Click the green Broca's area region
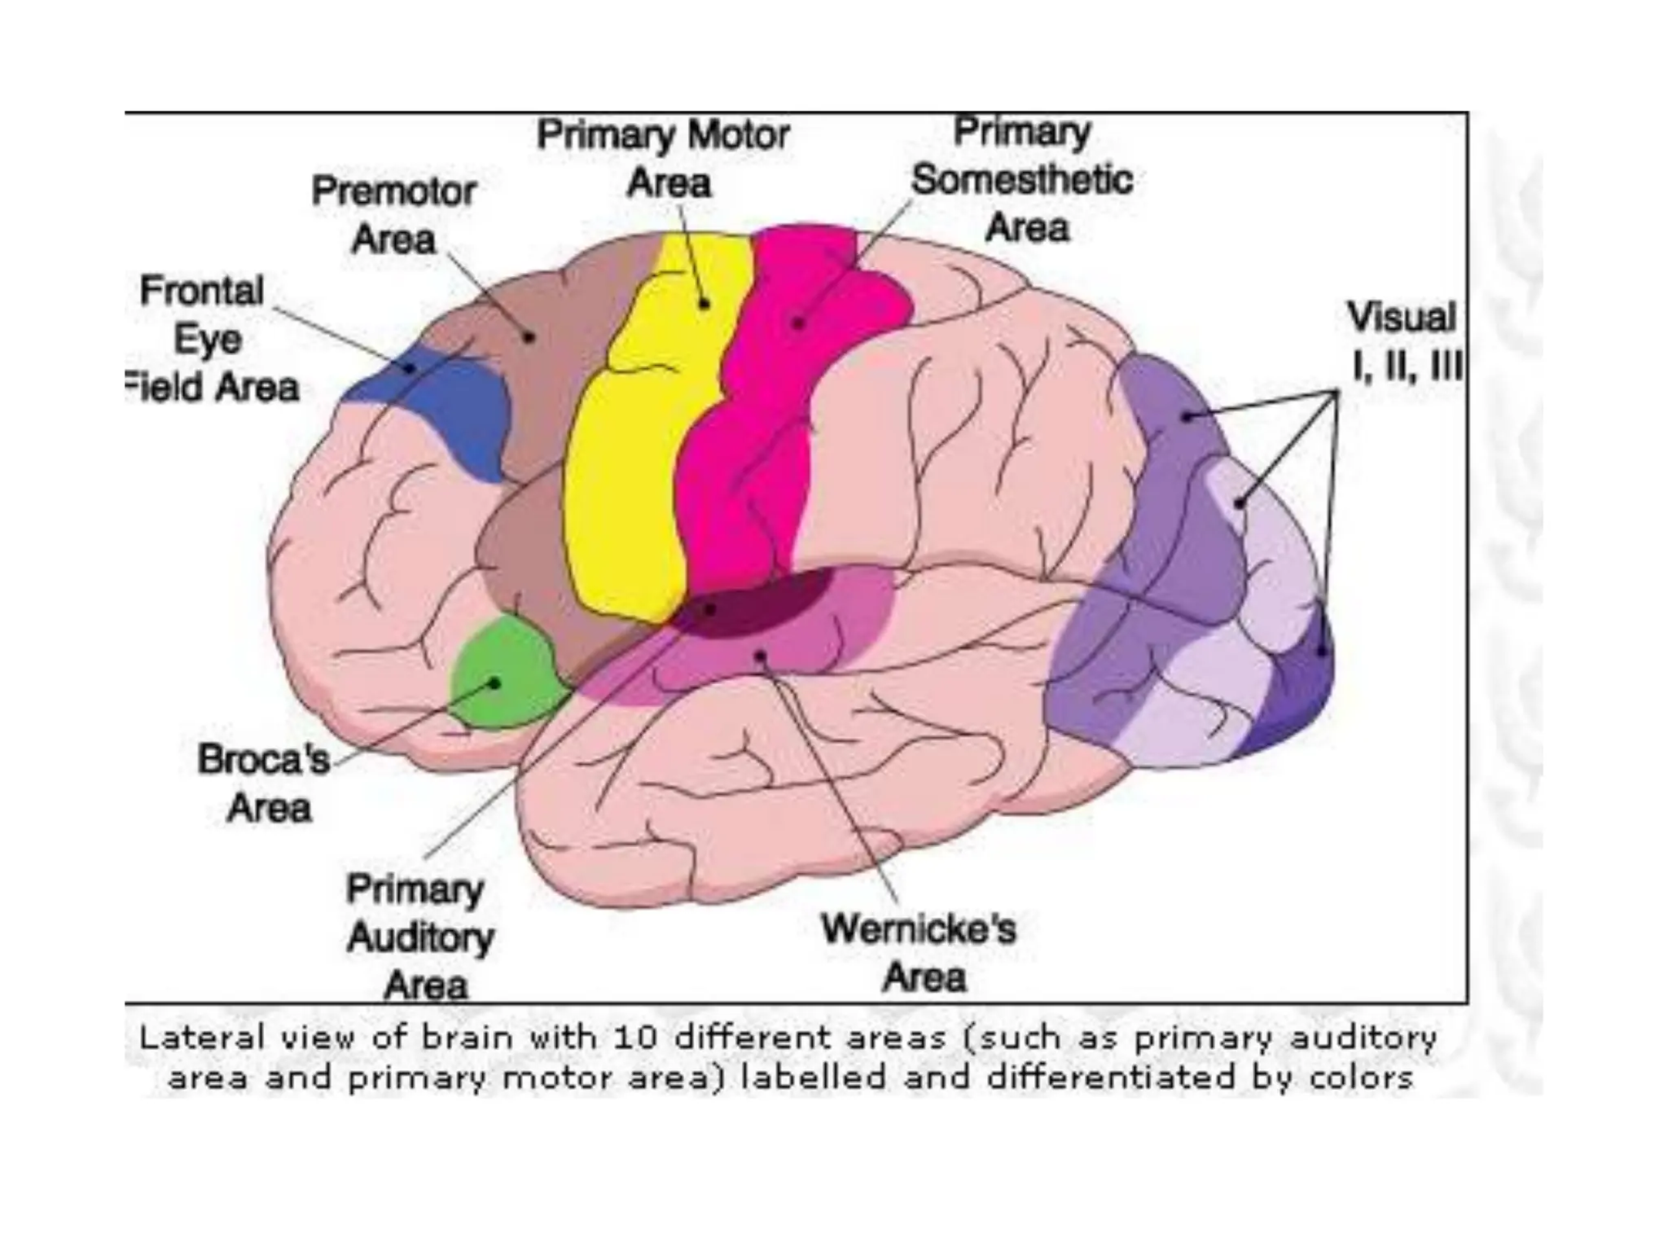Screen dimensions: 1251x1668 [x=505, y=672]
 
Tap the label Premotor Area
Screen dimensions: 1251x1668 [x=394, y=216]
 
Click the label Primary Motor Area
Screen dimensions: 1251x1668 [x=664, y=159]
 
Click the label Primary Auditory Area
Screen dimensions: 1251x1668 [x=419, y=937]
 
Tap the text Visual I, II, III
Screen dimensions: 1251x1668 [x=1402, y=340]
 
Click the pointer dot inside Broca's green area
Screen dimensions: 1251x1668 [x=494, y=683]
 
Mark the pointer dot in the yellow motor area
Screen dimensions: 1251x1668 [x=705, y=304]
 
